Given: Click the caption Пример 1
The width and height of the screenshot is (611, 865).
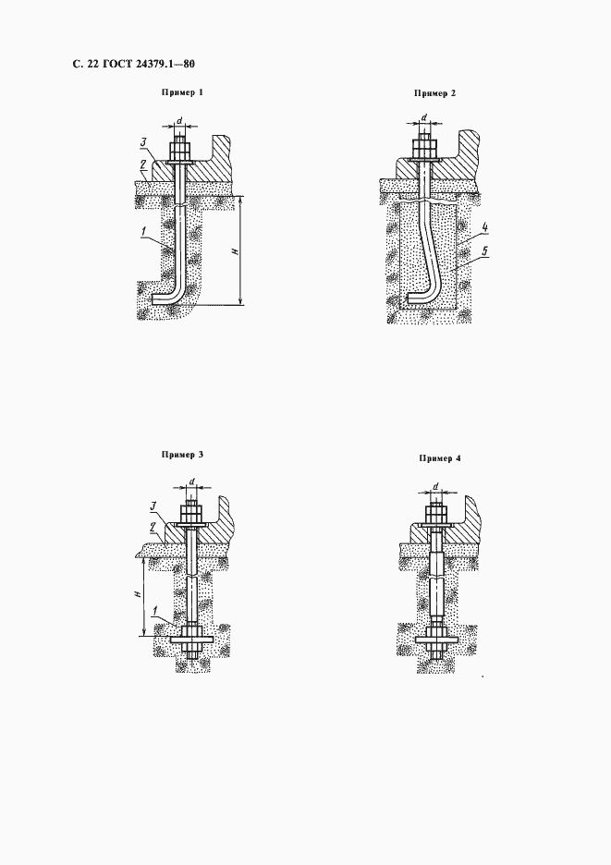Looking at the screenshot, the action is coord(182,92).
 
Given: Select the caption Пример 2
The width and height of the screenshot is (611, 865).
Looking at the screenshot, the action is coord(435,93).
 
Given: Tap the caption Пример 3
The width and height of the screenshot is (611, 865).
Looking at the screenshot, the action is coord(182,455).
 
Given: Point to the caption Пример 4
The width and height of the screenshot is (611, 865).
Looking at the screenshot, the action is coord(439,457).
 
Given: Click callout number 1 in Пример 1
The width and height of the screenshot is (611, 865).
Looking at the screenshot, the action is coord(144,232).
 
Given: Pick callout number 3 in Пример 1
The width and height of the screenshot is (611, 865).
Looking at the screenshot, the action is coord(143,143).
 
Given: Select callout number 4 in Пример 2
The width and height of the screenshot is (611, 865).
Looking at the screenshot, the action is coord(483,226).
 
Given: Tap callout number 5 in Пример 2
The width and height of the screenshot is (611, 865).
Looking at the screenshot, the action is coord(484,251).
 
